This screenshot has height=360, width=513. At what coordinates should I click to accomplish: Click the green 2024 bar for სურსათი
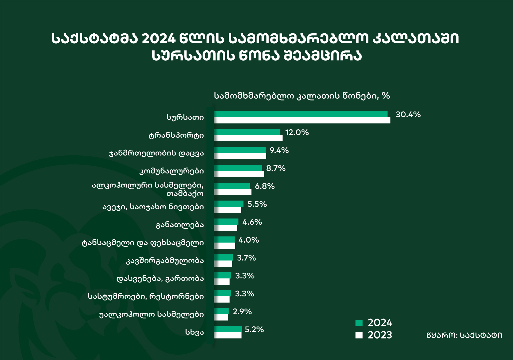point(300,114)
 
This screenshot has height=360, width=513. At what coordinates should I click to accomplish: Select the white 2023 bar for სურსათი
point(302,120)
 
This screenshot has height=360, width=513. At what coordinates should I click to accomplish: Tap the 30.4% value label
point(408,115)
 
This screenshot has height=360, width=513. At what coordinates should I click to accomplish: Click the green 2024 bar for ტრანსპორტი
point(247,132)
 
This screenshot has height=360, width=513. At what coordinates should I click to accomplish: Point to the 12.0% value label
point(297,133)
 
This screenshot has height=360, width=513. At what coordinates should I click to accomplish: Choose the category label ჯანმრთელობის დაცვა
point(156,154)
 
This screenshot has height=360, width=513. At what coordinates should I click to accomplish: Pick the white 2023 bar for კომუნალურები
point(239,174)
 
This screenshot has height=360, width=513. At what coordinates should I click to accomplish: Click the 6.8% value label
point(265,186)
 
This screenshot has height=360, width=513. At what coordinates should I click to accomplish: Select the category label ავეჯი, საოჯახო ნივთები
point(153,207)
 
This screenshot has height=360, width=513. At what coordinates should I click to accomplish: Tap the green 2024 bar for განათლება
point(226,222)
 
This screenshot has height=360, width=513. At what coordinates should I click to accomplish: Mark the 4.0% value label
point(249,240)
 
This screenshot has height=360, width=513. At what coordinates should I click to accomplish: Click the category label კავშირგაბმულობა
point(165,261)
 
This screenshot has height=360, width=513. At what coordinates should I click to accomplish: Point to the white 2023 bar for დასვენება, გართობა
point(222,282)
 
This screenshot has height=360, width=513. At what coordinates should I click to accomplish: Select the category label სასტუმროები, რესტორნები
point(146,296)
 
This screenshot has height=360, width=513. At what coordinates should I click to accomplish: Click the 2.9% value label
point(242,312)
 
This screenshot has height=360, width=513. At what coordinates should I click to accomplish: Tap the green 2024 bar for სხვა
point(228,329)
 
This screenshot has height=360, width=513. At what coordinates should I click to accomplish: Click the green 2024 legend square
point(359,323)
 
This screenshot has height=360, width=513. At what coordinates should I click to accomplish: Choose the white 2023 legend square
point(359,335)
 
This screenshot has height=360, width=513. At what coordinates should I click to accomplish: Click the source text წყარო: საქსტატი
point(464,335)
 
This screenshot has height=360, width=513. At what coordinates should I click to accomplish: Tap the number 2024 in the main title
point(159,39)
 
